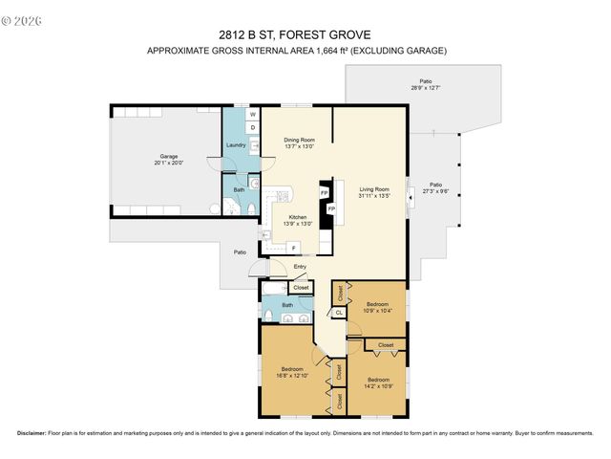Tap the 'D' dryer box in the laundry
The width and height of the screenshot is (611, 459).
[x=253, y=127]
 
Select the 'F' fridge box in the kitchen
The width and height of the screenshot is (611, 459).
[x=293, y=248]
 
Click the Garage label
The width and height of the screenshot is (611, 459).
[x=168, y=156]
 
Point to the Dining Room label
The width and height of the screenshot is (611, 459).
[x=299, y=140]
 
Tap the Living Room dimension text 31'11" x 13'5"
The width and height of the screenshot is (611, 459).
[x=374, y=196]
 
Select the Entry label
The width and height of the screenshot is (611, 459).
[x=300, y=267]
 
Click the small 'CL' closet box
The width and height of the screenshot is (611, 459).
[x=339, y=312]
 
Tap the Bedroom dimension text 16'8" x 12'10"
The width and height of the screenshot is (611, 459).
[x=292, y=375]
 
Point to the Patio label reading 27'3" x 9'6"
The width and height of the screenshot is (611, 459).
[x=435, y=185]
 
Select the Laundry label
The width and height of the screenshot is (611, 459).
[x=236, y=145]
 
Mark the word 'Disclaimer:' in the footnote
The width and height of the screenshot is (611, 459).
[x=32, y=433]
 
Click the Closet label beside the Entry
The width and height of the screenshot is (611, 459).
[x=301, y=287]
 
